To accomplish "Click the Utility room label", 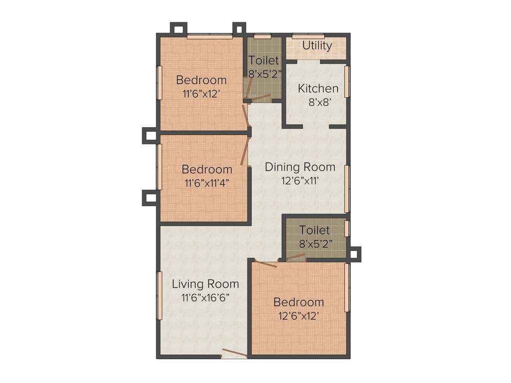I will pyautogui.click(x=317, y=45).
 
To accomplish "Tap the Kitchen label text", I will pyautogui.click(x=318, y=89).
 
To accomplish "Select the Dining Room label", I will pyautogui.click(x=300, y=167).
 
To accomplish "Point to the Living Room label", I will pyautogui.click(x=205, y=284).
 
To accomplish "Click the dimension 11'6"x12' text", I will pyautogui.click(x=201, y=93).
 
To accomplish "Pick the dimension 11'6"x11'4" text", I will pyautogui.click(x=207, y=183).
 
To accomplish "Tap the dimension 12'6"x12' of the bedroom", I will pyautogui.click(x=298, y=316).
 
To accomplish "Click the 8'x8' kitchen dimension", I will pyautogui.click(x=320, y=103).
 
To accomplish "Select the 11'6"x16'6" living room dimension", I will pyautogui.click(x=205, y=298).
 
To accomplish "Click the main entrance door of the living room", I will pyautogui.click(x=234, y=354).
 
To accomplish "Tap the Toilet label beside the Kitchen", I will pyautogui.click(x=263, y=60).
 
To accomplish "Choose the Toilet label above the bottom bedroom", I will pyautogui.click(x=314, y=230).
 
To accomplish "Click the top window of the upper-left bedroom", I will pyautogui.click(x=210, y=36).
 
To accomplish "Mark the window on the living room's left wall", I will pyautogui.click(x=159, y=295).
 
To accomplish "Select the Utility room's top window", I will pyautogui.click(x=308, y=36).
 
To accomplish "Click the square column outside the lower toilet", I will pyautogui.click(x=354, y=254).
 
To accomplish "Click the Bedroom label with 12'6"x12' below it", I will pyautogui.click(x=298, y=302).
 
